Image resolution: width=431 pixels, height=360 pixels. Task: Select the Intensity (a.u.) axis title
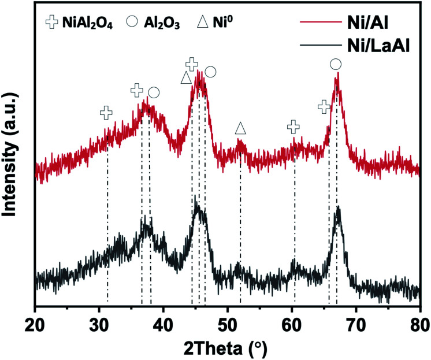[13, 156]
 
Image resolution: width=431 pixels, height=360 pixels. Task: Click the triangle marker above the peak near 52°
[241, 128]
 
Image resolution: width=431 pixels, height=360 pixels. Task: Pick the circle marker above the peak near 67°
[336, 64]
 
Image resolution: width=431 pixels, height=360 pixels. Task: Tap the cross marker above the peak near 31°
[106, 113]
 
